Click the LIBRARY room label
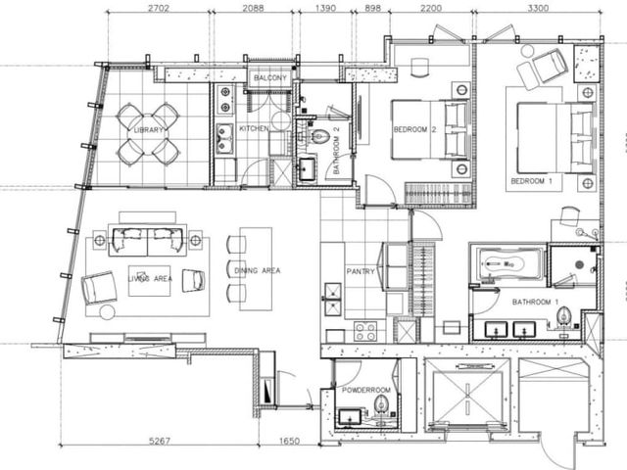tap(148, 130)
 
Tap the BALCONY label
tap(270, 77)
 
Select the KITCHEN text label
tap(254, 128)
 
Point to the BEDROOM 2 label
tap(415, 129)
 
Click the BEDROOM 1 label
tap(531, 181)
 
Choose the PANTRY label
tap(361, 271)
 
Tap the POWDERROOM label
tap(366, 390)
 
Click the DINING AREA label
tap(258, 270)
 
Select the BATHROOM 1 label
tap(535, 303)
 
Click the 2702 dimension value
tap(159, 8)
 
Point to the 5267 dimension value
tap(160, 441)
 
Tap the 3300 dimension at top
tap(538, 8)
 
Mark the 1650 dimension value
tap(289, 441)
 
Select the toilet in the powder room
tap(382, 404)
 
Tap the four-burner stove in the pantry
tap(365, 331)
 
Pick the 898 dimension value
tap(373, 8)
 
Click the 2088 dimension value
tap(253, 8)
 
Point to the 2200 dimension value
tap(431, 8)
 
